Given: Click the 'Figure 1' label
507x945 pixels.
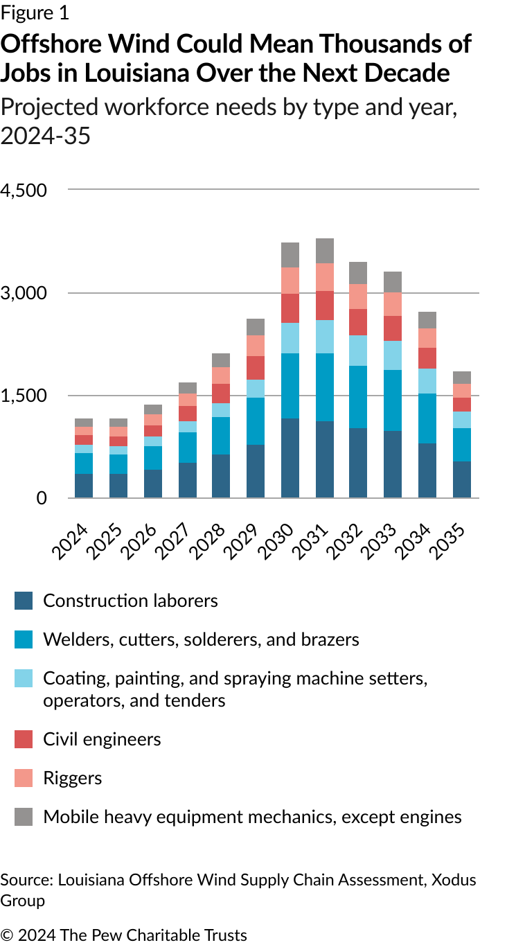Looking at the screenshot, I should pyautogui.click(x=35, y=12).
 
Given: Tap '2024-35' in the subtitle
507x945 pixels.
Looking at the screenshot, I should pyautogui.click(x=46, y=136).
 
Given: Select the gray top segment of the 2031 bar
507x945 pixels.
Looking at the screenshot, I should pyautogui.click(x=325, y=251).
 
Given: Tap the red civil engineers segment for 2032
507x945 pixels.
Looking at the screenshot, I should pyautogui.click(x=358, y=322).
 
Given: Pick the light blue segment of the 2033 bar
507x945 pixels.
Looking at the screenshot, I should pyautogui.click(x=393, y=355).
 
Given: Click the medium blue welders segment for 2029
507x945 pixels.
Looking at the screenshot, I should pyautogui.click(x=256, y=421).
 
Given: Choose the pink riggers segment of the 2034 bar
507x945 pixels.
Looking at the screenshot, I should pyautogui.click(x=427, y=338).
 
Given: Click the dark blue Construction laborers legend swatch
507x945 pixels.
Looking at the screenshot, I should pyautogui.click(x=24, y=601).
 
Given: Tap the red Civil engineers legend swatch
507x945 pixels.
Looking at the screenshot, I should pyautogui.click(x=24, y=739).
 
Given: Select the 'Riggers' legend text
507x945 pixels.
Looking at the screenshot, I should pyautogui.click(x=73, y=778).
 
